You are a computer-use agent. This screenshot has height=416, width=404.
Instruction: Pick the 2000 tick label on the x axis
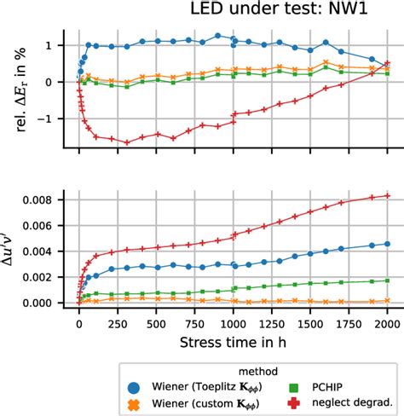(x=388, y=323)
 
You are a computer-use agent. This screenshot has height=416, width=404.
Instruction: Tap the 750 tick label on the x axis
(x=195, y=323)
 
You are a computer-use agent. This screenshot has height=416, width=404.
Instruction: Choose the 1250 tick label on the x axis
(x=272, y=323)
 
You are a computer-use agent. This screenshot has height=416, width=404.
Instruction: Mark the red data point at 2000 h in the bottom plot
(x=388, y=196)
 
